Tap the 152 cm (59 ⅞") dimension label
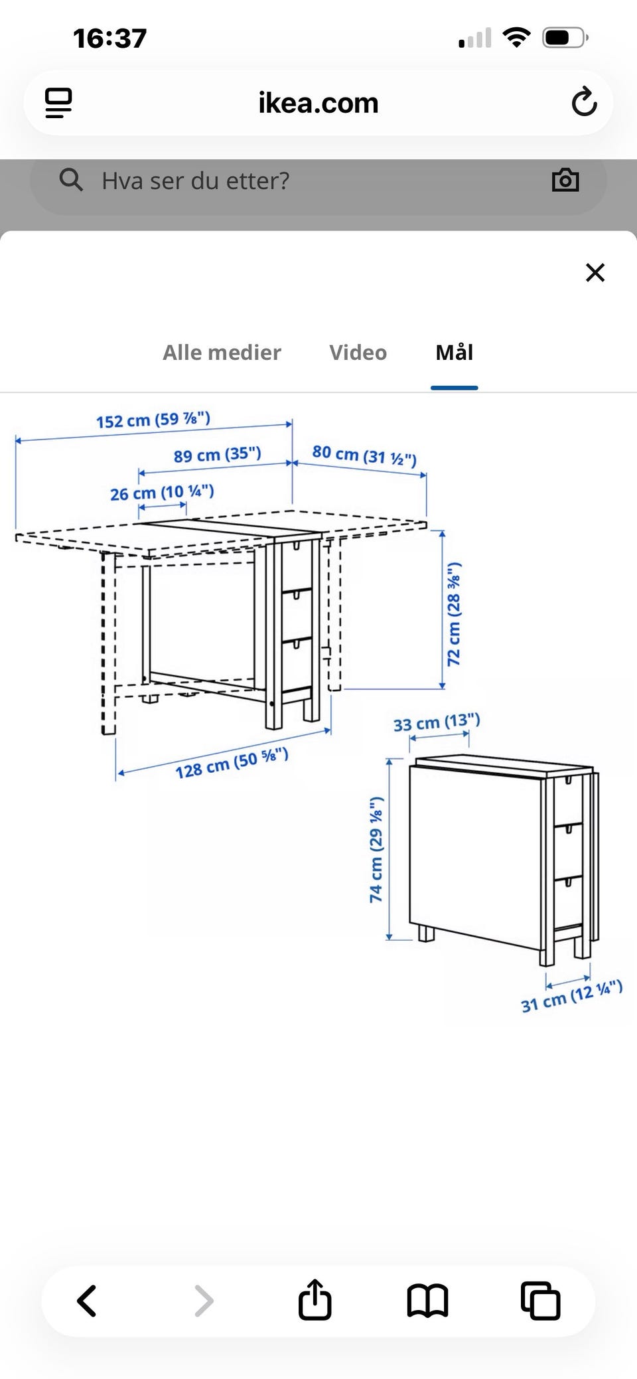tap(153, 420)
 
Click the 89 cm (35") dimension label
tap(218, 455)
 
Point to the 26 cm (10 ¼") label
tap(162, 493)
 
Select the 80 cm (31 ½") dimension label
tap(364, 455)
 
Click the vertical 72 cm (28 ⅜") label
tap(454, 614)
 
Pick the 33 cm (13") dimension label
tap(437, 722)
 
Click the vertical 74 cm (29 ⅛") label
tap(376, 849)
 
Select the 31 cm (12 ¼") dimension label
tap(572, 996)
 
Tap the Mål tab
tap(455, 353)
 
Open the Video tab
tap(358, 353)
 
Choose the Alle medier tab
tap(222, 353)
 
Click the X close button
tap(595, 272)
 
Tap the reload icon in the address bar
tap(584, 102)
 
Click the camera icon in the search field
tap(565, 181)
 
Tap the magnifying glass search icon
tap(71, 179)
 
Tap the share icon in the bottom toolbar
tap(315, 1299)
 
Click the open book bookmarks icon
tap(427, 1301)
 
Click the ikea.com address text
tap(318, 104)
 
